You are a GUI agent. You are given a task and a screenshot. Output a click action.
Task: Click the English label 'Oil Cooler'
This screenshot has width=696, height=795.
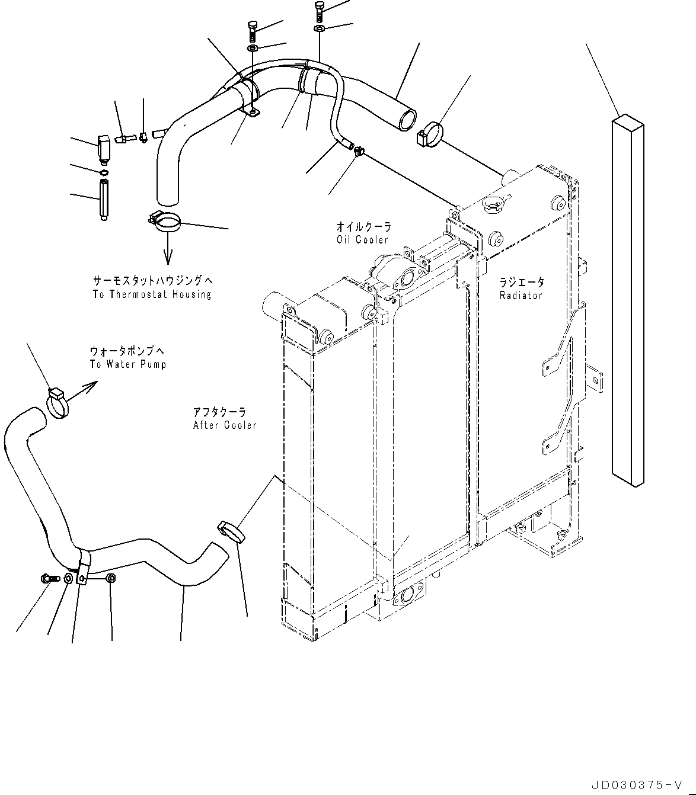pos(362,239)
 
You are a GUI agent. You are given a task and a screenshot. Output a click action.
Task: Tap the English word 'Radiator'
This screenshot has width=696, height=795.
pos(521,295)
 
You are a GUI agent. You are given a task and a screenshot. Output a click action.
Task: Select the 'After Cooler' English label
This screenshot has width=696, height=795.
pos(225,425)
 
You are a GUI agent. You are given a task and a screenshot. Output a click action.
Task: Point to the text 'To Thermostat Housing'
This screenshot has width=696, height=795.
pos(152,294)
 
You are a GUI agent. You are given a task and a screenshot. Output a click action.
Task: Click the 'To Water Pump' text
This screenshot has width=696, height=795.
pos(128,364)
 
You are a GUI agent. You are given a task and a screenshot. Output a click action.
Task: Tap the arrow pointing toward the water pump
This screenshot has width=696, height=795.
pos(87,388)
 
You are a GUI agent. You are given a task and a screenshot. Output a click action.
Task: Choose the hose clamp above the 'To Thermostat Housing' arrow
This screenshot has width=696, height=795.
pos(164,222)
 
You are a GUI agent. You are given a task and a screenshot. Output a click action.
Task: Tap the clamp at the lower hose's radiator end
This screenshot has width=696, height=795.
pos(232,531)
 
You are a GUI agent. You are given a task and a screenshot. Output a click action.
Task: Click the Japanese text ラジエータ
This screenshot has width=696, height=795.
pos(521,283)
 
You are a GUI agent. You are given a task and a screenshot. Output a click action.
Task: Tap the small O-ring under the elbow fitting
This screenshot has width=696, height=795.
pos(104,172)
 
